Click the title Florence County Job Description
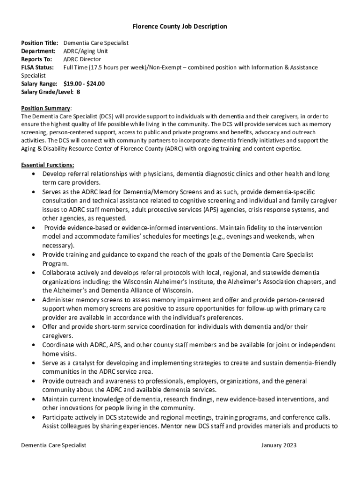coord(180,27)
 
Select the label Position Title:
coord(40,43)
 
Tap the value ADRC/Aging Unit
coord(86,51)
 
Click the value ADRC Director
coord(82,59)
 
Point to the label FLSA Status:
coord(37,67)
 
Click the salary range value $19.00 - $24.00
coord(84,84)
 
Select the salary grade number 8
coord(78,92)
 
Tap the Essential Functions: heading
coord(48,165)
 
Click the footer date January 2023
coord(279,445)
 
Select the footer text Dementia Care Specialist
coord(54,445)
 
